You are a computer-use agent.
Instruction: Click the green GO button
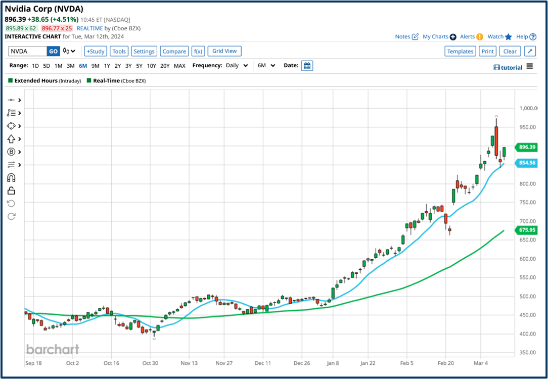click(53, 51)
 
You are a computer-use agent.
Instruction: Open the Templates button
click(460, 51)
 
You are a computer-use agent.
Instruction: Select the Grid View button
click(224, 51)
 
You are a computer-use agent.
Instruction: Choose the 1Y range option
click(107, 66)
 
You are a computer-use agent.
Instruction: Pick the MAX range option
click(179, 66)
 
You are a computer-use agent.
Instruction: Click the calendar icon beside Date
click(307, 66)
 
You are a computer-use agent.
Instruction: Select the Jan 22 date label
click(368, 363)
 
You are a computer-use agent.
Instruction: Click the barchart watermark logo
click(52, 349)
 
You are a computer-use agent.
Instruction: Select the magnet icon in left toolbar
click(11, 178)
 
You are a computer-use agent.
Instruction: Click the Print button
click(487, 51)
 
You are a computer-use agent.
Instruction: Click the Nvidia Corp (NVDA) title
click(44, 9)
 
